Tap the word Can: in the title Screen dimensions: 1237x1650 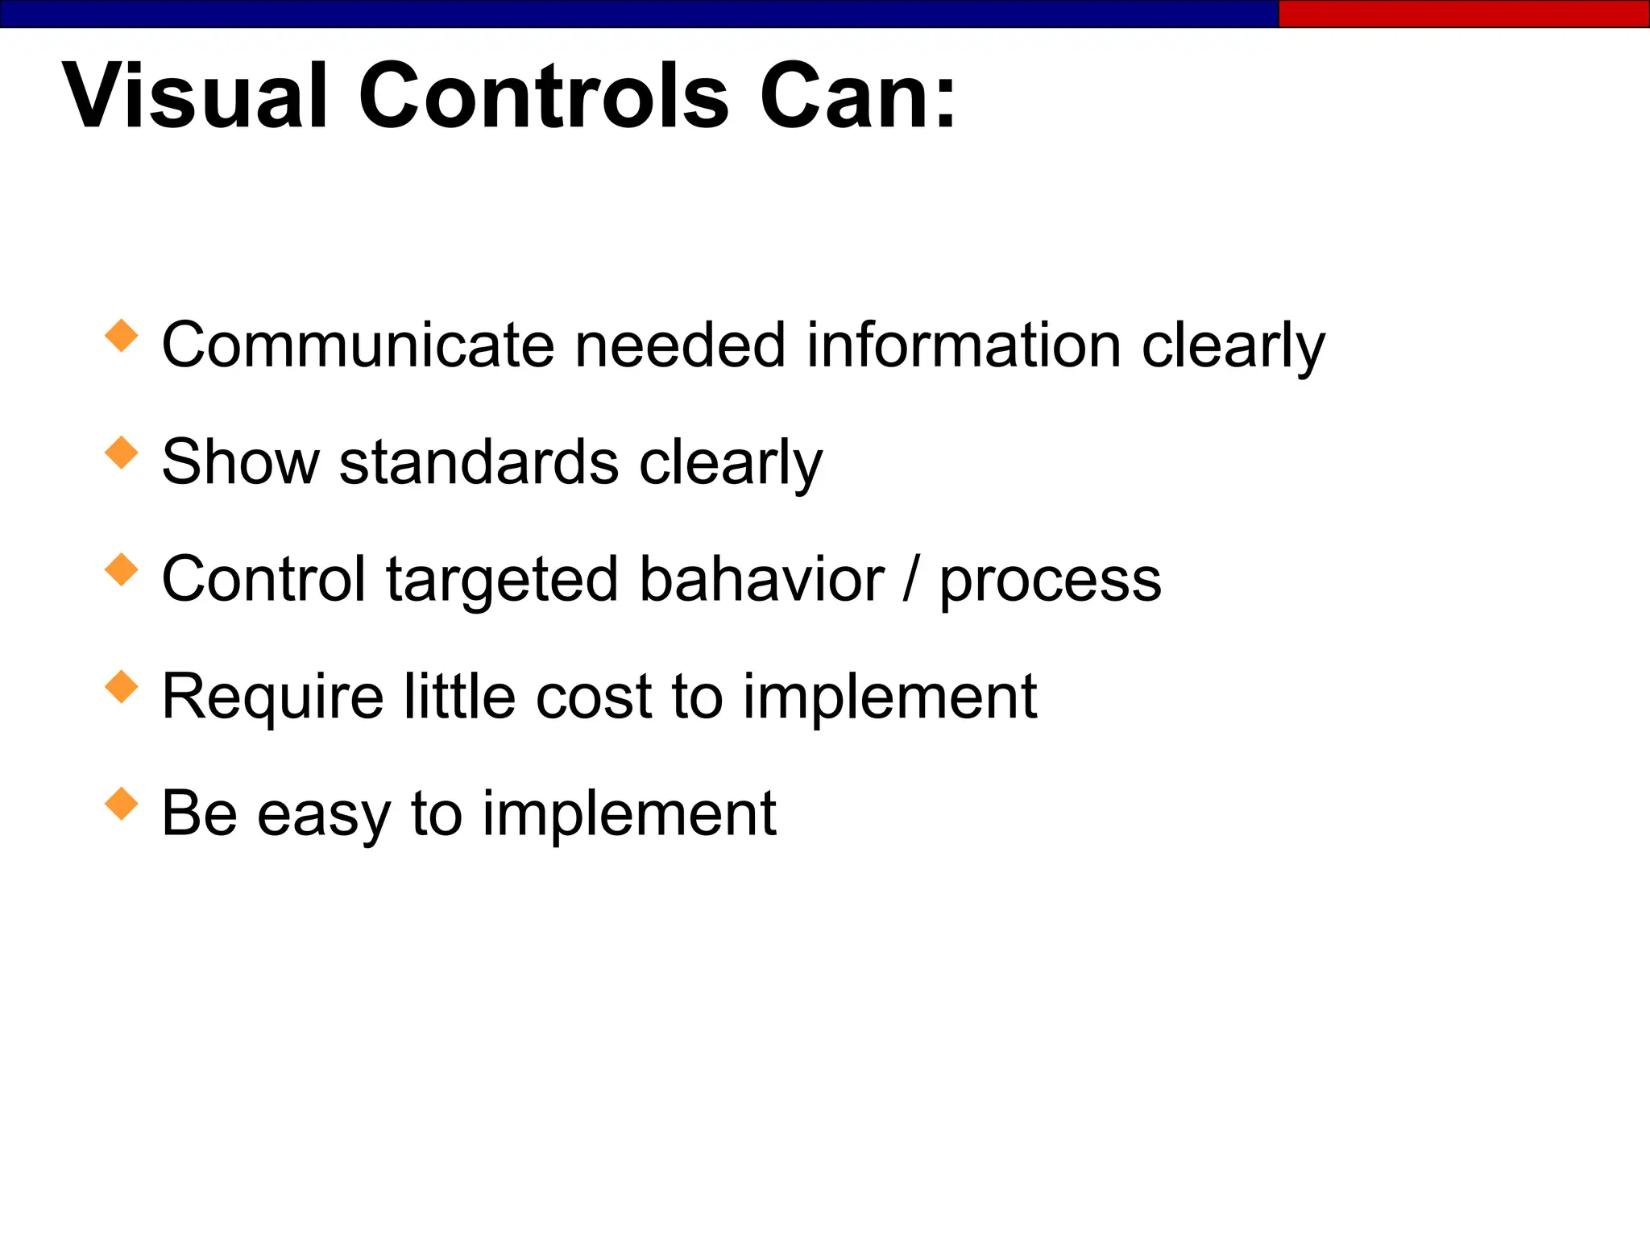pyautogui.click(x=857, y=96)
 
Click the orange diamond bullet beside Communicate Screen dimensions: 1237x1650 pyautogui.click(x=122, y=335)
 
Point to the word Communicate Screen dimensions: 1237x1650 pyautogui.click(x=359, y=345)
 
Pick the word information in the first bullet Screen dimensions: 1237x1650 pyautogui.click(x=964, y=345)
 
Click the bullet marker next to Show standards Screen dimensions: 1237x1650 pyautogui.click(x=122, y=452)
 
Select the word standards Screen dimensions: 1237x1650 pyautogui.click(x=479, y=462)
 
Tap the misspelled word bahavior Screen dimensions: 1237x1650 pyautogui.click(x=761, y=579)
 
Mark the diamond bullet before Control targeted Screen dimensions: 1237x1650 pyautogui.click(x=122, y=569)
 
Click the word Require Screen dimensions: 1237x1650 pyautogui.click(x=272, y=697)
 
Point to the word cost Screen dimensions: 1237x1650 pyautogui.click(x=593, y=697)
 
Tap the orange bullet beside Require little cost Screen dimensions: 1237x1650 pyautogui.click(x=122, y=686)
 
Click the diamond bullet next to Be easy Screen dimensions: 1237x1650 pyautogui.click(x=122, y=804)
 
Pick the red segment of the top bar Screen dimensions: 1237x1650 pyautogui.click(x=1463, y=14)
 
